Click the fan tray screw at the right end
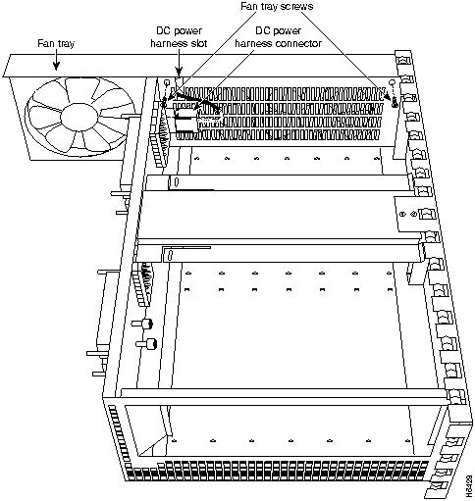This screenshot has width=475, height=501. (x=393, y=98)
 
